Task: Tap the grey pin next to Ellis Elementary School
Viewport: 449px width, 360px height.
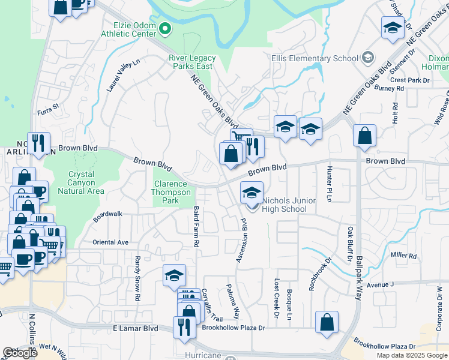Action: click(x=368, y=58)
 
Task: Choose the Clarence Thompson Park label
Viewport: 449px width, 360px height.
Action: click(x=172, y=193)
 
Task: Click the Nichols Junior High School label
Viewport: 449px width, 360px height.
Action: click(x=285, y=205)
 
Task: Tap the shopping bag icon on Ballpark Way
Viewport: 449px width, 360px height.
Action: click(x=364, y=136)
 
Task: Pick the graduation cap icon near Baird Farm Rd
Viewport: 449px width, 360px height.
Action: click(x=174, y=275)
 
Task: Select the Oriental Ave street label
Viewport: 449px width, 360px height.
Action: click(x=110, y=242)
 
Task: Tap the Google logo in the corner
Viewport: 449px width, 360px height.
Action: click(x=20, y=353)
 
